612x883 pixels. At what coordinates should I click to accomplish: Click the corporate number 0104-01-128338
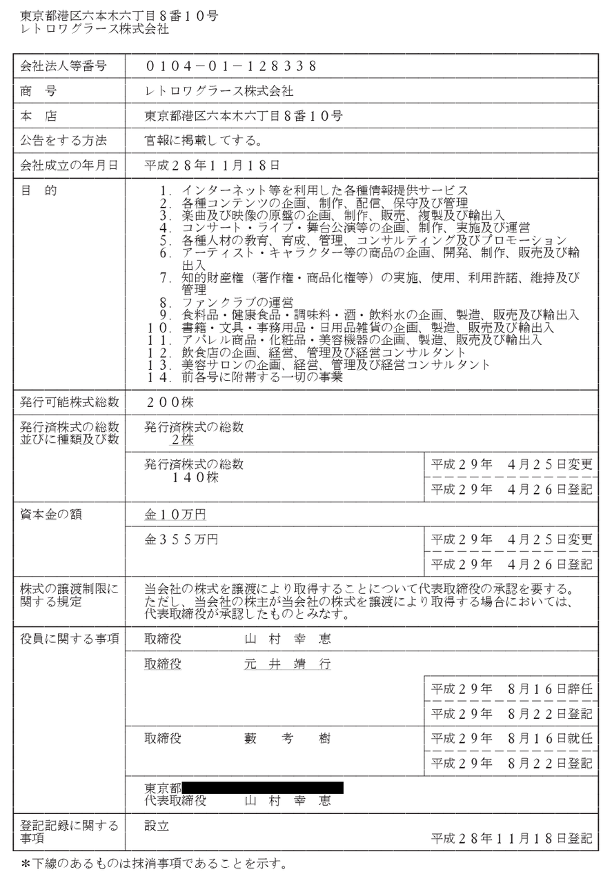(x=231, y=66)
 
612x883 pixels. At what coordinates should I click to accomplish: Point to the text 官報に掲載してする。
(x=202, y=141)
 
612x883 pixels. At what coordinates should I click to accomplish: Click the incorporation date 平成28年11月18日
(x=212, y=166)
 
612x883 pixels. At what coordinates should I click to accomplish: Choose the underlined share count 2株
(x=184, y=439)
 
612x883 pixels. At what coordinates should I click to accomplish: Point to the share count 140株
(x=195, y=477)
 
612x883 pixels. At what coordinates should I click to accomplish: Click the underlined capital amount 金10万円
(x=175, y=515)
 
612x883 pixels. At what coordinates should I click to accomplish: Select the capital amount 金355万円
(x=181, y=539)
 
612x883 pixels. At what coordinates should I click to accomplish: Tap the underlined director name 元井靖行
(x=288, y=664)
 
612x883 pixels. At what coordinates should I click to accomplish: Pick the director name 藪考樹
(x=288, y=739)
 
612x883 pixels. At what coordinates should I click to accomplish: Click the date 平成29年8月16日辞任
(x=511, y=688)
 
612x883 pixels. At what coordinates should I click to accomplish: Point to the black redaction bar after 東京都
(x=263, y=787)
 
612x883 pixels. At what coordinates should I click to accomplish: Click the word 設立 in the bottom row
(x=157, y=826)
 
